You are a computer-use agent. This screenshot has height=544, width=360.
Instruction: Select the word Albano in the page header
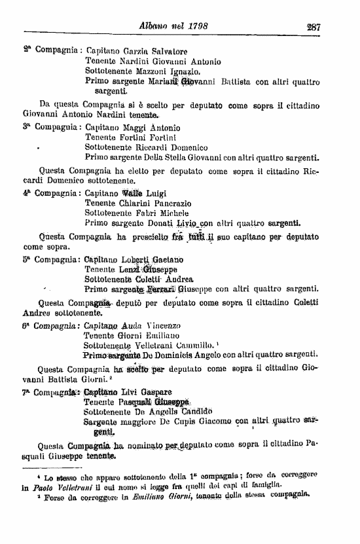[x=154, y=27]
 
